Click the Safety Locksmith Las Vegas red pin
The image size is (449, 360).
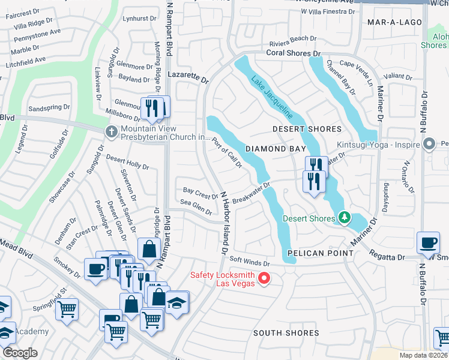(264, 278)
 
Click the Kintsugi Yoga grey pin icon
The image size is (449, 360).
(429, 144)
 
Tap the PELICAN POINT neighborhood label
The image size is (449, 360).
(320, 253)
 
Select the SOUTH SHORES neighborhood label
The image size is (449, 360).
(286, 333)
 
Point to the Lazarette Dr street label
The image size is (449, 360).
(187, 79)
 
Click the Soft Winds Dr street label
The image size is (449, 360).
(251, 262)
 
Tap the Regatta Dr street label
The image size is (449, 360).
(387, 257)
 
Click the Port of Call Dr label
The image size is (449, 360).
(228, 152)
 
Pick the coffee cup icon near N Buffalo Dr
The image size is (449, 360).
(428, 242)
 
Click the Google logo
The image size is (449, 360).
(20, 353)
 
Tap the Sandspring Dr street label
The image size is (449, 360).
(49, 109)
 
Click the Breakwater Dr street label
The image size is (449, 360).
(252, 193)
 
